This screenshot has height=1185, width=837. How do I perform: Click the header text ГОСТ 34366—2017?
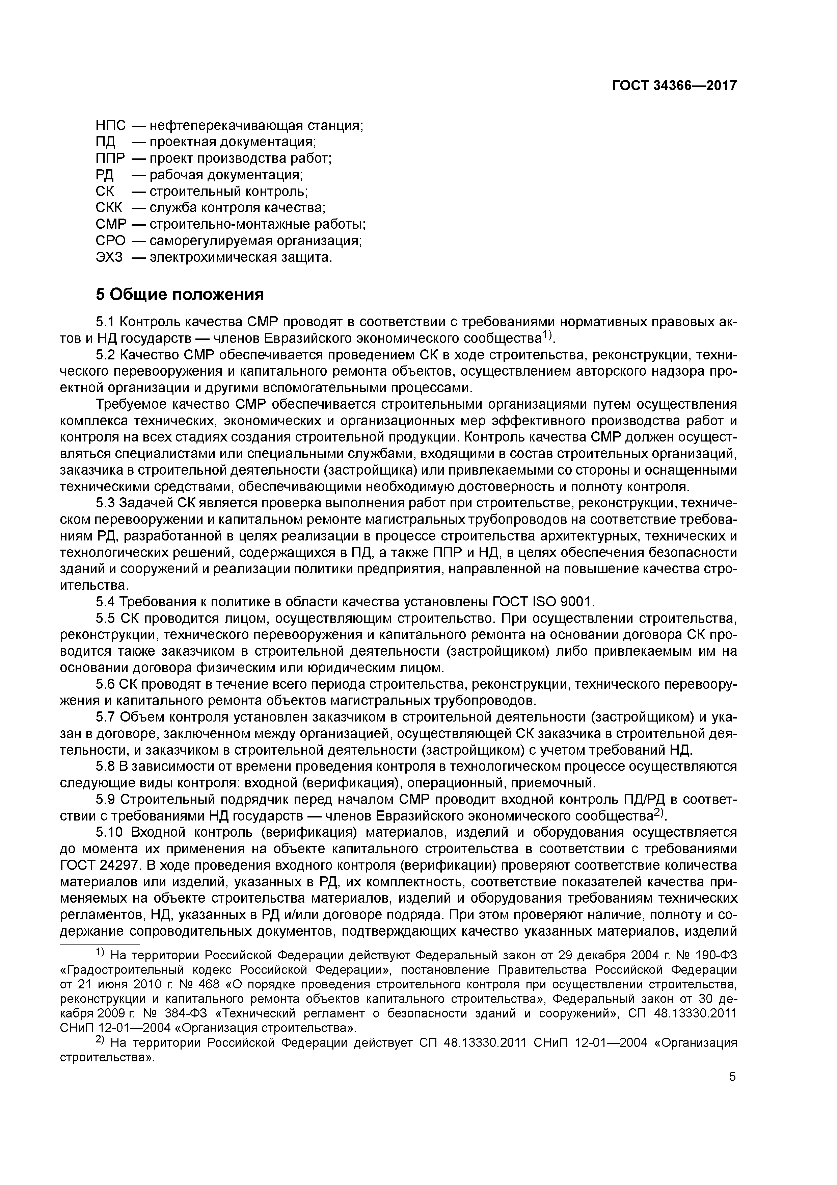click(x=674, y=86)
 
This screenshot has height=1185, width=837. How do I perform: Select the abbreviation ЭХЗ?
click(x=109, y=257)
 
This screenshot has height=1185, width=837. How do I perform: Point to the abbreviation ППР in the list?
click(x=111, y=158)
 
